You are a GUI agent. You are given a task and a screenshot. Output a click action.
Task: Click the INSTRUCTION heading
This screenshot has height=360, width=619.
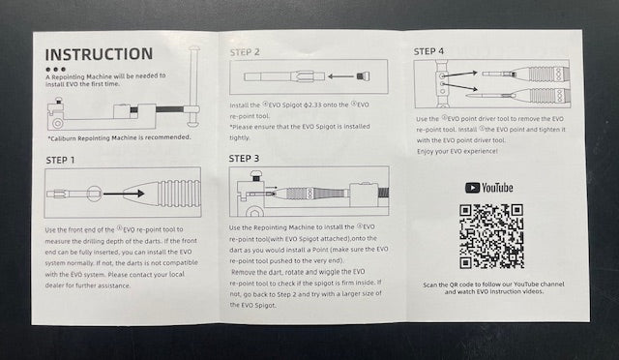point(99,54)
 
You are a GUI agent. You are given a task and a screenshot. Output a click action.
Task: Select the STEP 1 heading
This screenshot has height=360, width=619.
point(60,160)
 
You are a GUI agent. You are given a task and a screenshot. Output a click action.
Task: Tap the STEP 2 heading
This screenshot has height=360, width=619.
point(245,52)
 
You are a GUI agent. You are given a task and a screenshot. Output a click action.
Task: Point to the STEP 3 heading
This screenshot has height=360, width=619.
point(244,159)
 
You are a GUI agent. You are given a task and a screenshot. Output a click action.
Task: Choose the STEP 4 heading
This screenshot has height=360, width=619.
point(428,51)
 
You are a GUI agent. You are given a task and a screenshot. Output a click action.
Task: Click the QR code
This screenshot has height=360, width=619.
point(491,236)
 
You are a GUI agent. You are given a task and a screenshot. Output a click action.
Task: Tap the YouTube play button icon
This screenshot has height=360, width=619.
point(472,188)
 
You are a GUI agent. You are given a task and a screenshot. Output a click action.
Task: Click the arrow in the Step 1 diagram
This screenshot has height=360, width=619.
point(124,194)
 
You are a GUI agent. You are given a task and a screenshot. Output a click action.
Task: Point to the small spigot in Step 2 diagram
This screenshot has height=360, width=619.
point(363,76)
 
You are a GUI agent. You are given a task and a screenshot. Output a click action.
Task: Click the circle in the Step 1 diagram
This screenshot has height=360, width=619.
point(95,194)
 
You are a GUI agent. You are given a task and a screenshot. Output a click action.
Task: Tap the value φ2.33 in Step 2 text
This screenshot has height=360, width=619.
point(312,105)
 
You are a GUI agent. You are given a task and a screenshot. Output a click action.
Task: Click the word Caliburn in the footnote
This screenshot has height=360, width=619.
point(63,138)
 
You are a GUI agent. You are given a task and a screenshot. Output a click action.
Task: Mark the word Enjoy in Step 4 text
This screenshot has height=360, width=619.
point(426,152)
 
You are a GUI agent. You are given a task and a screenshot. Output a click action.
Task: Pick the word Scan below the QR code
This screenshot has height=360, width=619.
point(429,285)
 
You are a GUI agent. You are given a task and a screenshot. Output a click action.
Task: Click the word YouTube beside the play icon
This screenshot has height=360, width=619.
point(497,188)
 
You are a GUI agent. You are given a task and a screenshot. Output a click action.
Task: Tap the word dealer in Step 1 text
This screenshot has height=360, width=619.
point(54,285)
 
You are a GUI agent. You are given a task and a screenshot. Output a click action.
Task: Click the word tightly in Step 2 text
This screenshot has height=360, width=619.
point(240,138)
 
